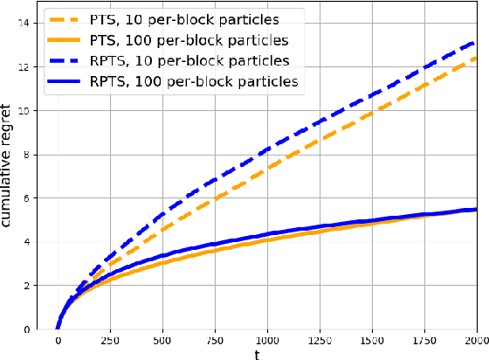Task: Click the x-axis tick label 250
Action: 110,340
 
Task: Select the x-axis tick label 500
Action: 162,340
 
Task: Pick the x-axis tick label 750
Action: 215,340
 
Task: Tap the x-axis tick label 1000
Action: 267,340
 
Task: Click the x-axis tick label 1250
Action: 320,340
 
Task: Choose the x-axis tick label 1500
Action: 372,340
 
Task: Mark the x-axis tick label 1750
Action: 424,340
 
